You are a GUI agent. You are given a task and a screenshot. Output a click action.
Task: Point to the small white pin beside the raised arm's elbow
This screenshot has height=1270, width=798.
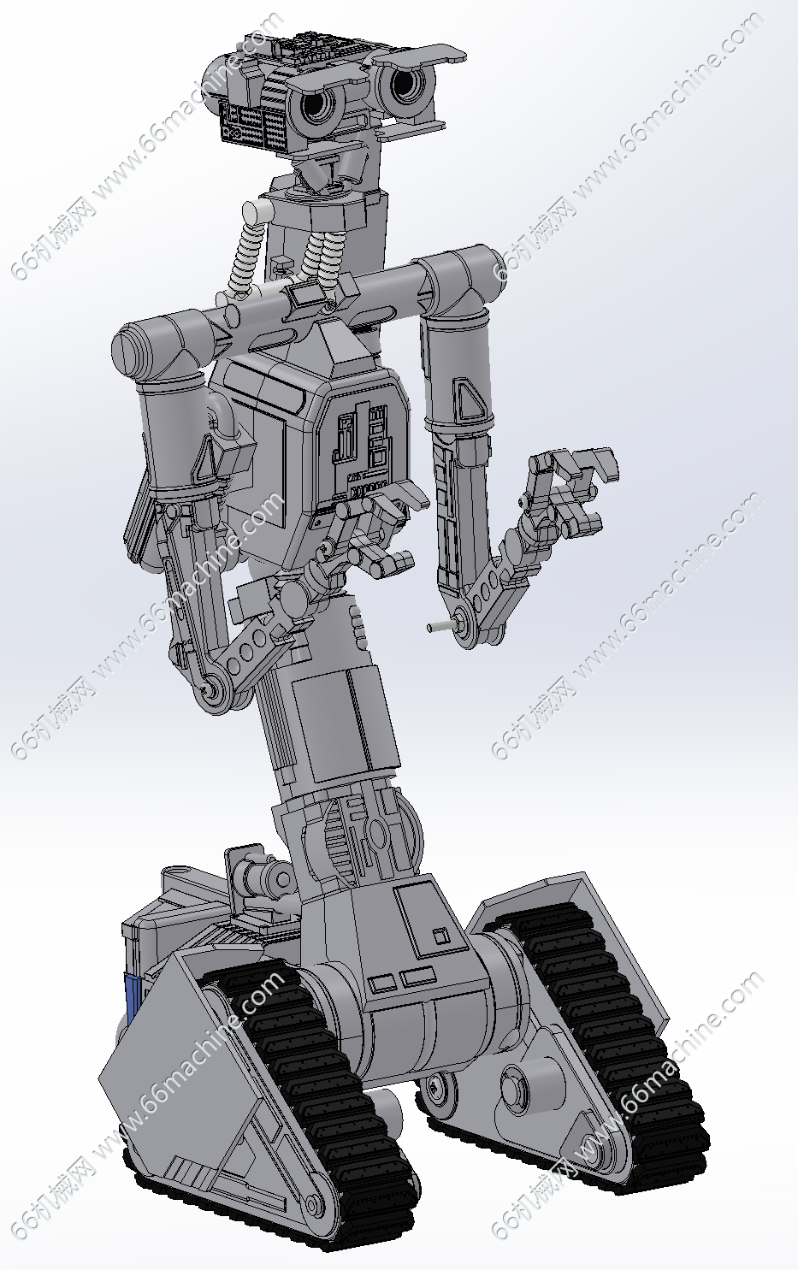point(440,627)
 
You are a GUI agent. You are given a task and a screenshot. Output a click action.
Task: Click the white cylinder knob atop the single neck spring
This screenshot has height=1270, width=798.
point(257,212)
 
